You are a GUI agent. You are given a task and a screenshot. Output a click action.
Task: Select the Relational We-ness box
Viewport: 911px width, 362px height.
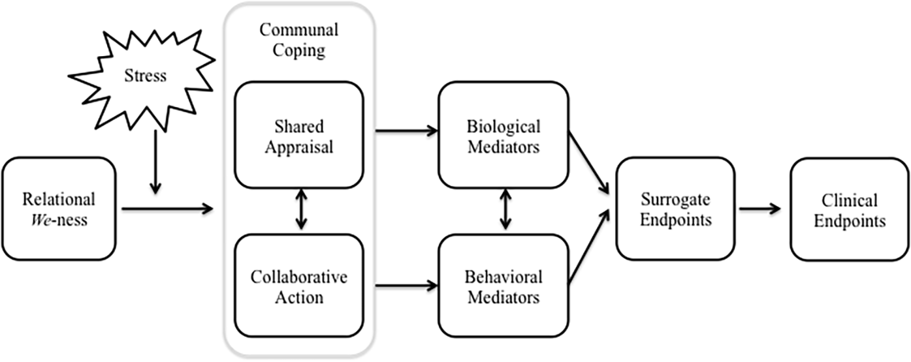(59, 209)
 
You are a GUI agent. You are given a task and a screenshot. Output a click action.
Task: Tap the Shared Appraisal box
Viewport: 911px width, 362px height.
(300, 135)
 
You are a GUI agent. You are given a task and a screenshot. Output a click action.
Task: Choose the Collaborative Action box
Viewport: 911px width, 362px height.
(300, 286)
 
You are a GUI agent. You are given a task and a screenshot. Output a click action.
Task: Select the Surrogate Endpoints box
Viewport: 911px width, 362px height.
(675, 209)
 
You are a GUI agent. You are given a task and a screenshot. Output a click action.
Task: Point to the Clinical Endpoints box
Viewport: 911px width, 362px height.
(849, 209)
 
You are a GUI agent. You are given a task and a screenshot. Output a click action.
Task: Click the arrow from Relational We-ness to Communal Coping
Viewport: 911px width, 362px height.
(168, 209)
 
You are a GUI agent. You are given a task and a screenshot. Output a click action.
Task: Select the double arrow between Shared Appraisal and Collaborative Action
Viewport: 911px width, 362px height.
(300, 210)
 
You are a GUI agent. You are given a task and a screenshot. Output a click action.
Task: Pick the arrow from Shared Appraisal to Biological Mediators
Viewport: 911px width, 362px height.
(405, 131)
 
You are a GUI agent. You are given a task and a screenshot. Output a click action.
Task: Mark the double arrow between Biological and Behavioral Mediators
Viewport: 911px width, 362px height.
(504, 210)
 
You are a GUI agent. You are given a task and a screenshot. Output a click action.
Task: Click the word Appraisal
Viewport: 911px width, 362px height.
(300, 147)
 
